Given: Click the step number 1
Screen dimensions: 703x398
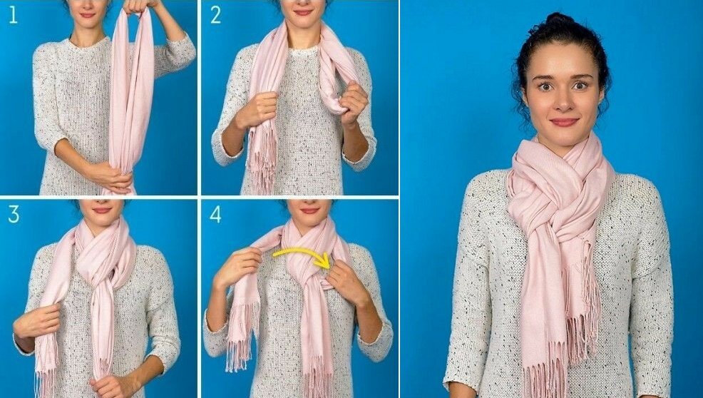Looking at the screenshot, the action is click(x=13, y=15).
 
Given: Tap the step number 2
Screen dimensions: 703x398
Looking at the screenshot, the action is click(x=215, y=15).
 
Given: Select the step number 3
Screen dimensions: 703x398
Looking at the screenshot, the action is click(x=14, y=214).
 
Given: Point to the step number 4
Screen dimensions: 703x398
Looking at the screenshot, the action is click(x=215, y=214).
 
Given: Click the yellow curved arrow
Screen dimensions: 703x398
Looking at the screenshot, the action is click(x=305, y=252).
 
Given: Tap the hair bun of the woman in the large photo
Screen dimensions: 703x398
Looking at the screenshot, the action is click(x=559, y=19).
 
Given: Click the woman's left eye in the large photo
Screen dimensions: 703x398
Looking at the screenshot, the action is click(x=580, y=85).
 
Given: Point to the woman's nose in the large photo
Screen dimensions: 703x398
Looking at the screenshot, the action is click(x=563, y=101).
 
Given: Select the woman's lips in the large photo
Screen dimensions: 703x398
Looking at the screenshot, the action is click(x=565, y=122).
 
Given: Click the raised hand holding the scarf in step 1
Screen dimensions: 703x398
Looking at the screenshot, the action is click(x=138, y=6).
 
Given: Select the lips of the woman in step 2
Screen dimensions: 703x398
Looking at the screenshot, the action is click(x=303, y=13).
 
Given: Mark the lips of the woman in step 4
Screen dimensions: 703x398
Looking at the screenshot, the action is click(x=309, y=210).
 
